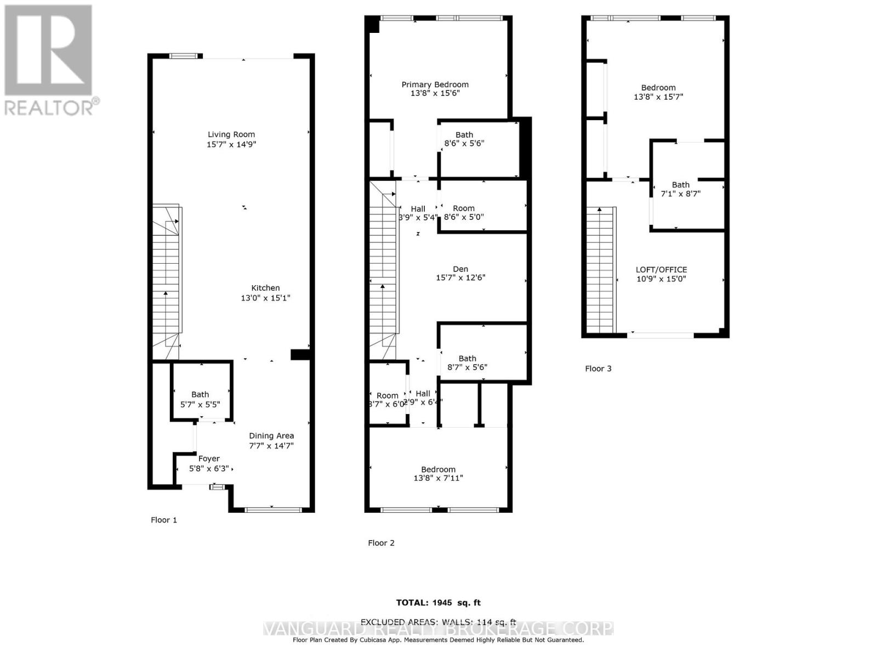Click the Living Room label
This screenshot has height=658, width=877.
pos(231,134)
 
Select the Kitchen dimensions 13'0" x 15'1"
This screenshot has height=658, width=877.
pos(265,298)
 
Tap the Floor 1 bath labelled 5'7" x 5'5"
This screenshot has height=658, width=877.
pos(200,399)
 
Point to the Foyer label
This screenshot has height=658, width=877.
pos(209,458)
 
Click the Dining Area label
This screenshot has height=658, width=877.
pos(271,436)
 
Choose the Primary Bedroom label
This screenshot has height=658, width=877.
pos(435,84)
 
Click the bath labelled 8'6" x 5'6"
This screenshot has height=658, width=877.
pos(464,139)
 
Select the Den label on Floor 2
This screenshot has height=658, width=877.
pos(460,269)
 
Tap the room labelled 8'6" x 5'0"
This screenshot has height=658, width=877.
pos(464,212)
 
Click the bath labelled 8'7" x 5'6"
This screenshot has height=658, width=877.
pos(467,362)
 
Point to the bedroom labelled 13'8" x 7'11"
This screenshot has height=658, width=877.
pos(438,474)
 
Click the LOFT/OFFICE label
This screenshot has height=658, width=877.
pos(661,270)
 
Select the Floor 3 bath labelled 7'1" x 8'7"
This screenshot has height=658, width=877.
pos(681,189)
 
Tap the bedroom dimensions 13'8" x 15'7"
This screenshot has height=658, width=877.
pos(658,97)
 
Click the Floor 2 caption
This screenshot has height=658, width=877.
pos(381,543)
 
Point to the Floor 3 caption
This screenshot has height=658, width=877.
pos(598,368)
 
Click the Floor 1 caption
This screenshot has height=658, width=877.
pos(164,520)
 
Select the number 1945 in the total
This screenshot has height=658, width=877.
pos(442,603)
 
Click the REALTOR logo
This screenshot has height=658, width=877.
pos(49,60)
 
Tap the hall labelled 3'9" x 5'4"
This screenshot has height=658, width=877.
pos(418,213)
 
